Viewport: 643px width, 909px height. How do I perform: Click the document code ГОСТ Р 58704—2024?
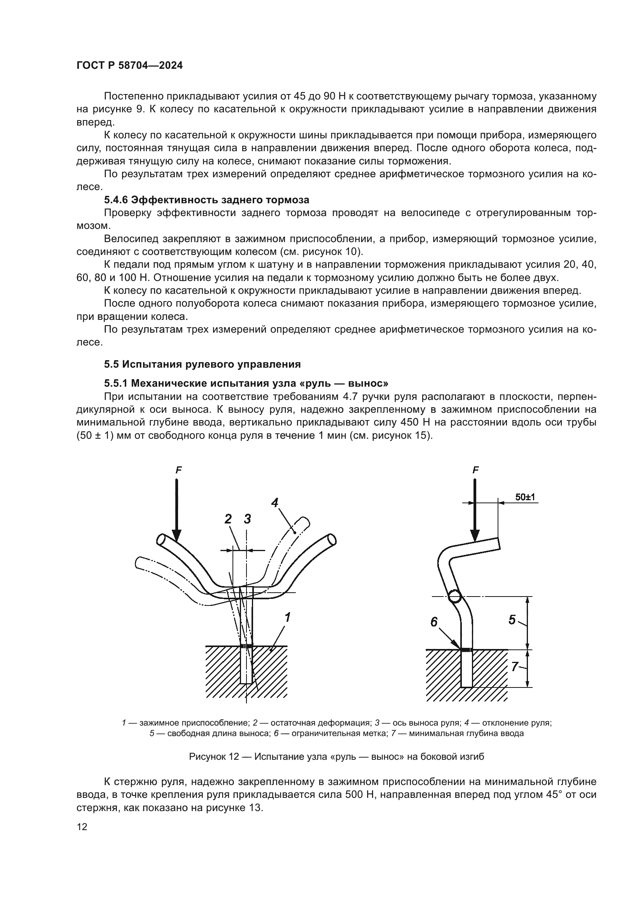pos(129,66)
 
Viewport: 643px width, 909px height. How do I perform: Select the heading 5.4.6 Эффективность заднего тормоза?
pos(206,200)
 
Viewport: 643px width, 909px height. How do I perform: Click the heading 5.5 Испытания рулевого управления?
pos(202,364)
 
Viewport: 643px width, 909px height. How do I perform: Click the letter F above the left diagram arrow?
pos(178,470)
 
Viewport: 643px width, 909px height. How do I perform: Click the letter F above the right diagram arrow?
pos(475,470)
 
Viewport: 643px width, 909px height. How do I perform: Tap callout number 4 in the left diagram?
pos(275,503)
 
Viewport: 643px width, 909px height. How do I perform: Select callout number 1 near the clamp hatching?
pos(287,616)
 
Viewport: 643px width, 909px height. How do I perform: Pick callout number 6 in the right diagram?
pos(434,622)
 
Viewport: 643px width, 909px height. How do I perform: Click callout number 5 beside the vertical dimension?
pos(512,619)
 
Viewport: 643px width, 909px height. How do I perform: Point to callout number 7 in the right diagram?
pos(514,667)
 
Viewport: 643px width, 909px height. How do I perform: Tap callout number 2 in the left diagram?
pos(228,519)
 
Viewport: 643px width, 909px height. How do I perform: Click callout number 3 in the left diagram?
pos(248,519)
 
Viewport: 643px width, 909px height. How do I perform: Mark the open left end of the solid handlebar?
pos(162,540)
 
